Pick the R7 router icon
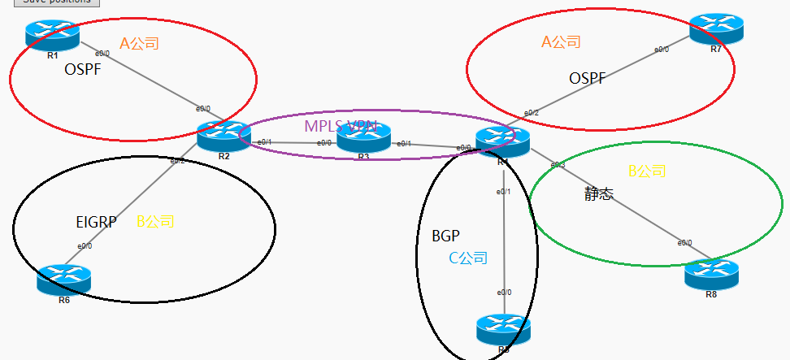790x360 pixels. click(x=716, y=29)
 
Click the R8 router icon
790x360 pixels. click(x=711, y=274)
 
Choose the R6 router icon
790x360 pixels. click(x=63, y=280)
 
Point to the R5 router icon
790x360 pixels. click(x=503, y=329)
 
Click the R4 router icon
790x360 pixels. click(x=503, y=141)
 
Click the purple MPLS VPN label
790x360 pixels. click(x=341, y=126)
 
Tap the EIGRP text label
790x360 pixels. click(x=95, y=221)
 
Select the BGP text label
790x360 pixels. click(x=446, y=236)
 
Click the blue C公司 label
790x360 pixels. click(x=468, y=258)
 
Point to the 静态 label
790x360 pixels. click(x=599, y=194)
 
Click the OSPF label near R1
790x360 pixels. click(x=84, y=71)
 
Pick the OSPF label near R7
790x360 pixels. click(x=588, y=78)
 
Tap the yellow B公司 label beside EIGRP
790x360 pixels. click(x=155, y=221)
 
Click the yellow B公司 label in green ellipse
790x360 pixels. click(x=647, y=171)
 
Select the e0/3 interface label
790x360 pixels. click(x=558, y=165)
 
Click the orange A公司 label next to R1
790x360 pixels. click(x=139, y=43)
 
